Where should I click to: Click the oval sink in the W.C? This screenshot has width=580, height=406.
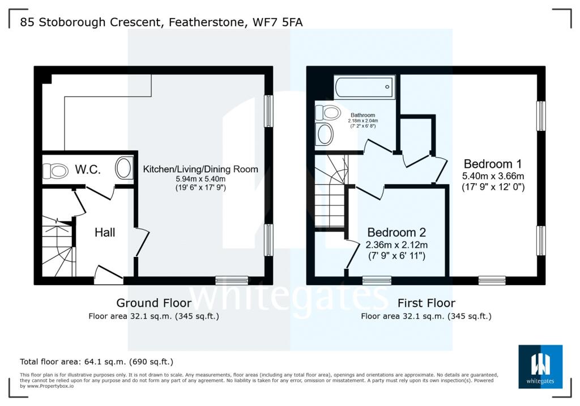pyautogui.click(x=123, y=168)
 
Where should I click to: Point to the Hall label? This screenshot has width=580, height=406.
pyautogui.click(x=105, y=232)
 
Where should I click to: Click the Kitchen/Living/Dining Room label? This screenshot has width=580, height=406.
pyautogui.click(x=201, y=169)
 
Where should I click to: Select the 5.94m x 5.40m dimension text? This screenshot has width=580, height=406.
pyautogui.click(x=201, y=179)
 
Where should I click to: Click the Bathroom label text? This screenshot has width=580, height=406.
pyautogui.click(x=363, y=115)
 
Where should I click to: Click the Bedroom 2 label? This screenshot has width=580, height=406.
pyautogui.click(x=396, y=232)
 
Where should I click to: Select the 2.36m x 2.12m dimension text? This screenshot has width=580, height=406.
pyautogui.click(x=396, y=245)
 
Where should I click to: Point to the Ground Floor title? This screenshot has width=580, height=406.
pyautogui.click(x=153, y=303)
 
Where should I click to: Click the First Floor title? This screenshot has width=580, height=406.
pyautogui.click(x=426, y=303)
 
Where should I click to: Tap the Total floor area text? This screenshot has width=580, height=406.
pyautogui.click(x=96, y=361)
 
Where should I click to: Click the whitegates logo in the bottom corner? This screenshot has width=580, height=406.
pyautogui.click(x=540, y=366)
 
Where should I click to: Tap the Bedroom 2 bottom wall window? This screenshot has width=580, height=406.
pyautogui.click(x=377, y=280)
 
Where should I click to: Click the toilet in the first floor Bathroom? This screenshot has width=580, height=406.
pyautogui.click(x=327, y=112)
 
